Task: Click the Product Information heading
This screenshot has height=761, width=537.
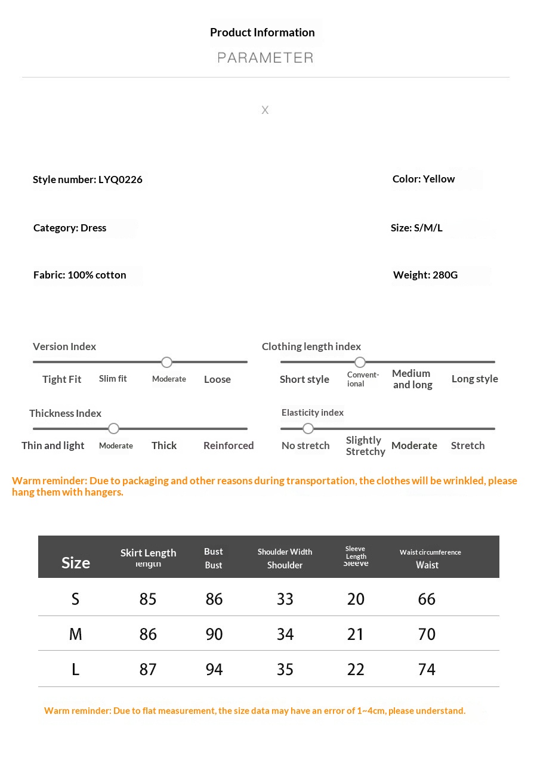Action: coord(263,33)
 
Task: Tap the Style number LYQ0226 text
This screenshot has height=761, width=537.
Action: coord(88,180)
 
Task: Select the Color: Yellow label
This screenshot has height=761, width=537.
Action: coord(424,179)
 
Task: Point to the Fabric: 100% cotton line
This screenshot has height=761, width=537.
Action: coord(80,275)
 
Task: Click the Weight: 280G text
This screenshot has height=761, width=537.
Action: coord(425,275)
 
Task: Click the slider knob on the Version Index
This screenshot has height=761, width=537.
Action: coord(167,362)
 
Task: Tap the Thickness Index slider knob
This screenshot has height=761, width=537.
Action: coord(114,429)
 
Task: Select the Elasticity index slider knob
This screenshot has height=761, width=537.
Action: coord(308,429)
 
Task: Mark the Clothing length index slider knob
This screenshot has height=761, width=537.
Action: coord(360,362)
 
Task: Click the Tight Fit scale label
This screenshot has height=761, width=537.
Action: coord(62,379)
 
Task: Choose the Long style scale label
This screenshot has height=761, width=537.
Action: coord(475,379)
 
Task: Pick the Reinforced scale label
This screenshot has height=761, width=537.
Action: coord(229,446)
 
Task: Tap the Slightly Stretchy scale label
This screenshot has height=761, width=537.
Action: coord(365,446)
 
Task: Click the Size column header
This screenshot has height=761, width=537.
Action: coord(76,563)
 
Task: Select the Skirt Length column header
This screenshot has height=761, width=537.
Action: coord(148,553)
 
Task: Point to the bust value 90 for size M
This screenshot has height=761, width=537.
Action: coord(214,634)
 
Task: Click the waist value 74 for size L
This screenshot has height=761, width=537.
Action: coord(427,669)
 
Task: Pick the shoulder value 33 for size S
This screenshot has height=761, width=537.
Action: coord(285,599)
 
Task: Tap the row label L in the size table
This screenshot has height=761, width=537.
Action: coord(75,669)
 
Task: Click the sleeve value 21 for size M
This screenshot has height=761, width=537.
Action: coord(356,634)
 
